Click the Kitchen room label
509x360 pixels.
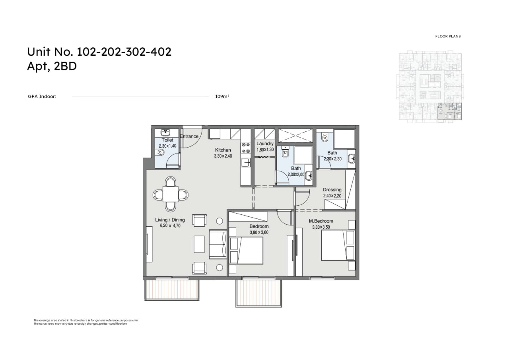(x=223, y=150)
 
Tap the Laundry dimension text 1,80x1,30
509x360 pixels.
(x=265, y=150)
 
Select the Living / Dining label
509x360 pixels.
(x=170, y=220)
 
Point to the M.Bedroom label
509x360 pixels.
(x=321, y=221)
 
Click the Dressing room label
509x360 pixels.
(x=332, y=189)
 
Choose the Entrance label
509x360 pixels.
(x=189, y=136)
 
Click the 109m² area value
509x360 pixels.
(x=222, y=96)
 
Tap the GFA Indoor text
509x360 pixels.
(x=42, y=96)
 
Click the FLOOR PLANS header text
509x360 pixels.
(x=448, y=36)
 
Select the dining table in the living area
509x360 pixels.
(x=171, y=194)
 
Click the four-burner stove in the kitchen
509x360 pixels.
(x=246, y=148)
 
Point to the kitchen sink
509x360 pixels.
(x=246, y=163)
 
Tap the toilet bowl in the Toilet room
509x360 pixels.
(x=160, y=152)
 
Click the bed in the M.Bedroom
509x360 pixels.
(x=338, y=245)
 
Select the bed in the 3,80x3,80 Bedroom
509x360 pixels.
(x=246, y=251)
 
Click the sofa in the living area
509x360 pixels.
(x=218, y=244)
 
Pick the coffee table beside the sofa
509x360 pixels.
(x=199, y=244)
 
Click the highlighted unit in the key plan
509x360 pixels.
(x=450, y=111)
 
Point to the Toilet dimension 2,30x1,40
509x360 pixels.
(x=167, y=146)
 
